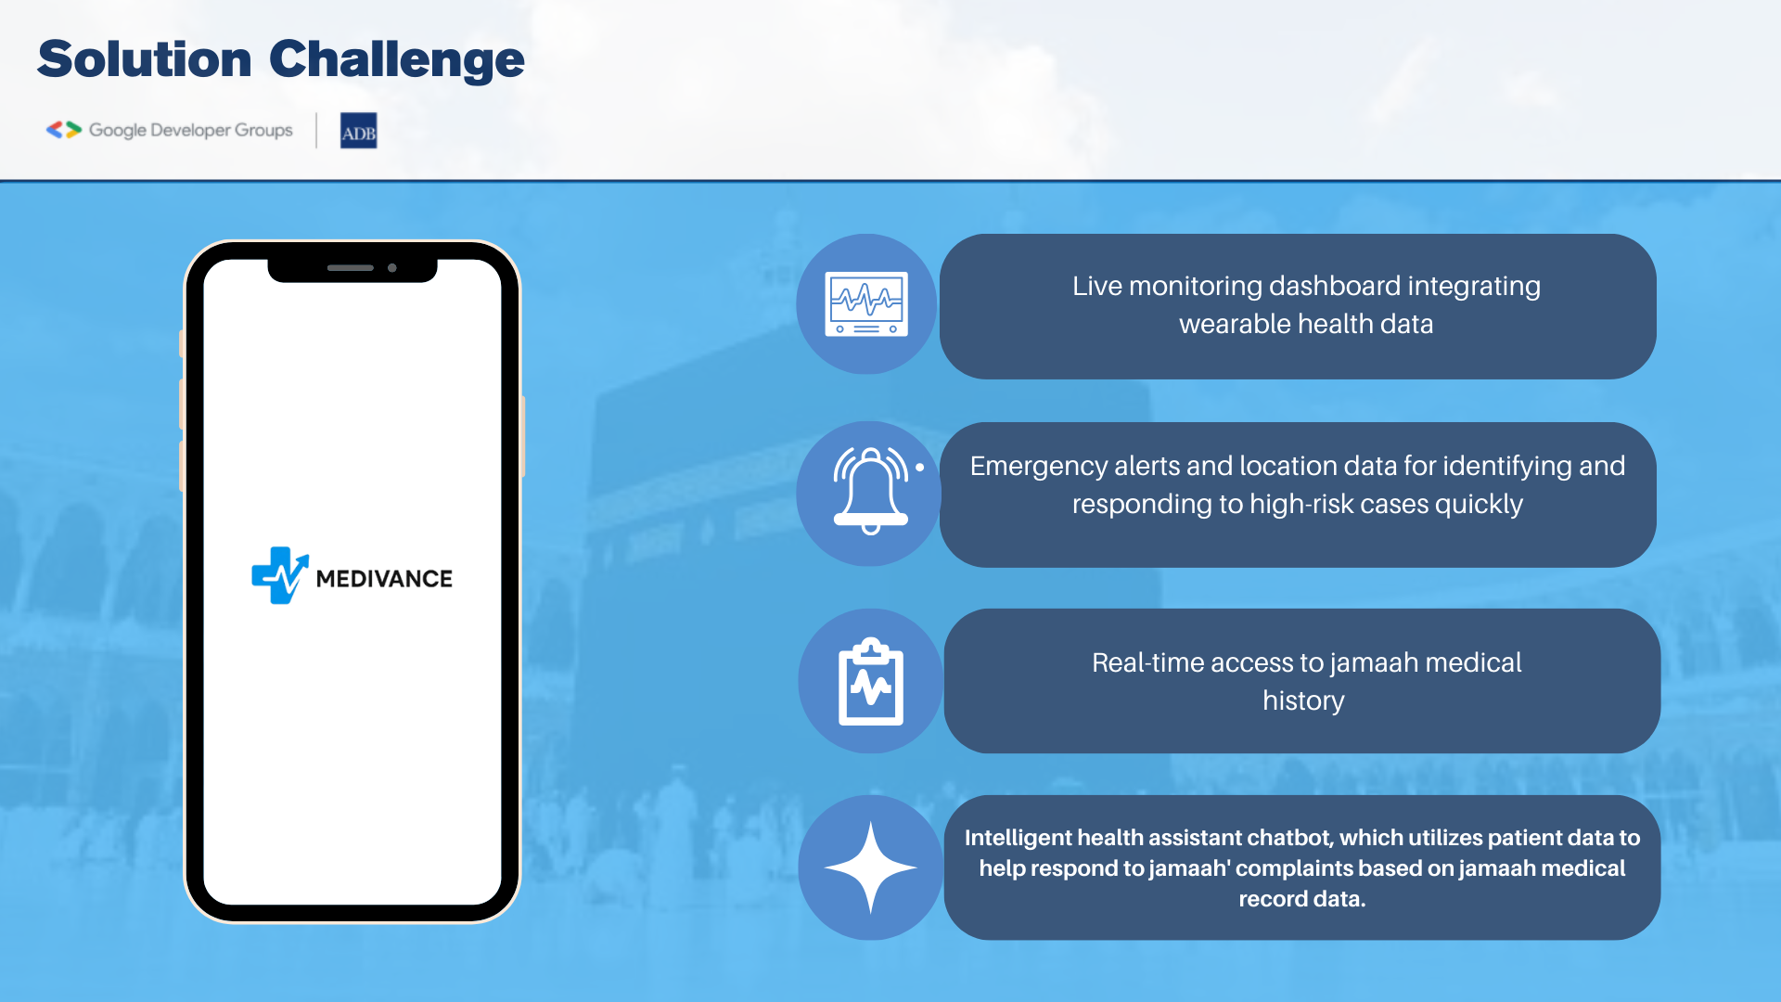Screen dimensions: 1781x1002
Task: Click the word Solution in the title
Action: click(x=145, y=59)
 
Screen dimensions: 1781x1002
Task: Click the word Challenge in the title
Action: click(x=397, y=59)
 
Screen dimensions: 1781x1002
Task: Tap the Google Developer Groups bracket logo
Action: click(x=64, y=130)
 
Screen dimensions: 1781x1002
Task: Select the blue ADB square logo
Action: click(x=358, y=131)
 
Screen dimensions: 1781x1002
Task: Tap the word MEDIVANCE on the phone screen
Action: click(x=384, y=579)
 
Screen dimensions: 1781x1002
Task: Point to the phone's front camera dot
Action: click(x=392, y=268)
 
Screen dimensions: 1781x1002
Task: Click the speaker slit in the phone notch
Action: click(x=351, y=268)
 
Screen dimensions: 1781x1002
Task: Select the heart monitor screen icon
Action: click(x=867, y=304)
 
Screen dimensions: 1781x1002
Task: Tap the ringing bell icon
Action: click(x=871, y=490)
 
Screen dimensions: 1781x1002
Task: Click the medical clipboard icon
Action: click(x=871, y=681)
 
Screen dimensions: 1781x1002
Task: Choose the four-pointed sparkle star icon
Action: click(x=870, y=867)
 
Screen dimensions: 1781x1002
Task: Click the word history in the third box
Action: click(x=1303, y=700)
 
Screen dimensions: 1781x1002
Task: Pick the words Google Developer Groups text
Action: click(x=190, y=131)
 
